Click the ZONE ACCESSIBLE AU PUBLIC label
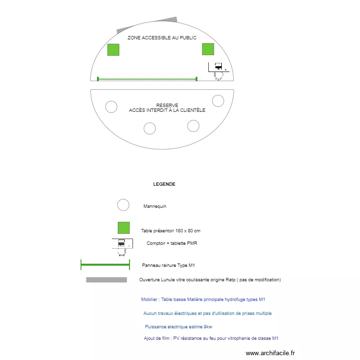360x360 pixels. coord(162,37)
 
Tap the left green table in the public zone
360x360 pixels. coord(113,49)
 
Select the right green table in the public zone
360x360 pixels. coord(208,49)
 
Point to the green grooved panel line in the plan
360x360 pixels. coord(147,79)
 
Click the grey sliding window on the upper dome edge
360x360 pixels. coord(146,24)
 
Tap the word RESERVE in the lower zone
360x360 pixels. coord(167,106)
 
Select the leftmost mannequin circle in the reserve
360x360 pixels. coord(111,107)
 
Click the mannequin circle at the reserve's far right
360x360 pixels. coord(218,100)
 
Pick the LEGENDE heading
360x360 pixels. coord(164,184)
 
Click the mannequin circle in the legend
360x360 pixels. coord(123,205)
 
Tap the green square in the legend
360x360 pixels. coord(124,228)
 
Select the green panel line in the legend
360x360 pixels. coord(105,264)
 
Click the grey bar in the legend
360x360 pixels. coord(107,280)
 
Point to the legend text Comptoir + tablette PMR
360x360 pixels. coord(172,243)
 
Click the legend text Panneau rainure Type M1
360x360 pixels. coord(168,265)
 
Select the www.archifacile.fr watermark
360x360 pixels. coord(271,353)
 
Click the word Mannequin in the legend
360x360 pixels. coord(155,206)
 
